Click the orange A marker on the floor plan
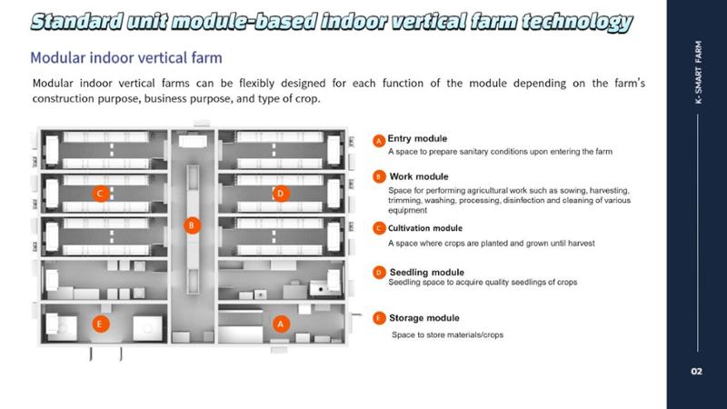pos(280,324)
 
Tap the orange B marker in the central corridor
pos(192,225)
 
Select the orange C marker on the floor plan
pos(100,194)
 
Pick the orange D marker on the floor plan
pos(280,194)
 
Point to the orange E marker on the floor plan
pos(100,324)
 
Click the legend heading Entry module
pos(417,139)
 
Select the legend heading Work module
pos(419,176)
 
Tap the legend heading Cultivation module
pos(425,228)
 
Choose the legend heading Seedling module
pos(426,272)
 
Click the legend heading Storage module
pos(424,318)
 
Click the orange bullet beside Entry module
pos(379,141)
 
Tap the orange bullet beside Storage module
pos(379,318)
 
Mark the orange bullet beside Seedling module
pos(379,272)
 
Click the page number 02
pos(696,371)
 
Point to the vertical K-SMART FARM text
pos(698,72)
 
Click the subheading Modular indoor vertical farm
pos(126,58)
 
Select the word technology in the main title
pos(577,22)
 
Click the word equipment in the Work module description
pos(407,211)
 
